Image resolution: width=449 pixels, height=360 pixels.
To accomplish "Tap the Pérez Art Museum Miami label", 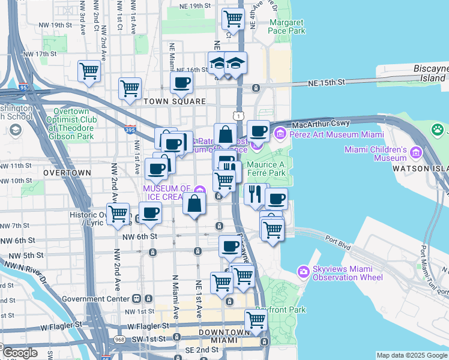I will pos(337,134).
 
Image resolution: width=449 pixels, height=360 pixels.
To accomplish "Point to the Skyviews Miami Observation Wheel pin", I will pos(304,272).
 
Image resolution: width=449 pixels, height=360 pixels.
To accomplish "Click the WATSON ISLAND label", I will pos(420,169).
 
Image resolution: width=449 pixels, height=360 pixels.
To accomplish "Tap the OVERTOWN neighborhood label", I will pos(67,173).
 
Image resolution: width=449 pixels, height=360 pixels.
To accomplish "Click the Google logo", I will pos(20,353).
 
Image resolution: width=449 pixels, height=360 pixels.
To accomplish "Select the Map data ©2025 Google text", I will pos(411,355).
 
